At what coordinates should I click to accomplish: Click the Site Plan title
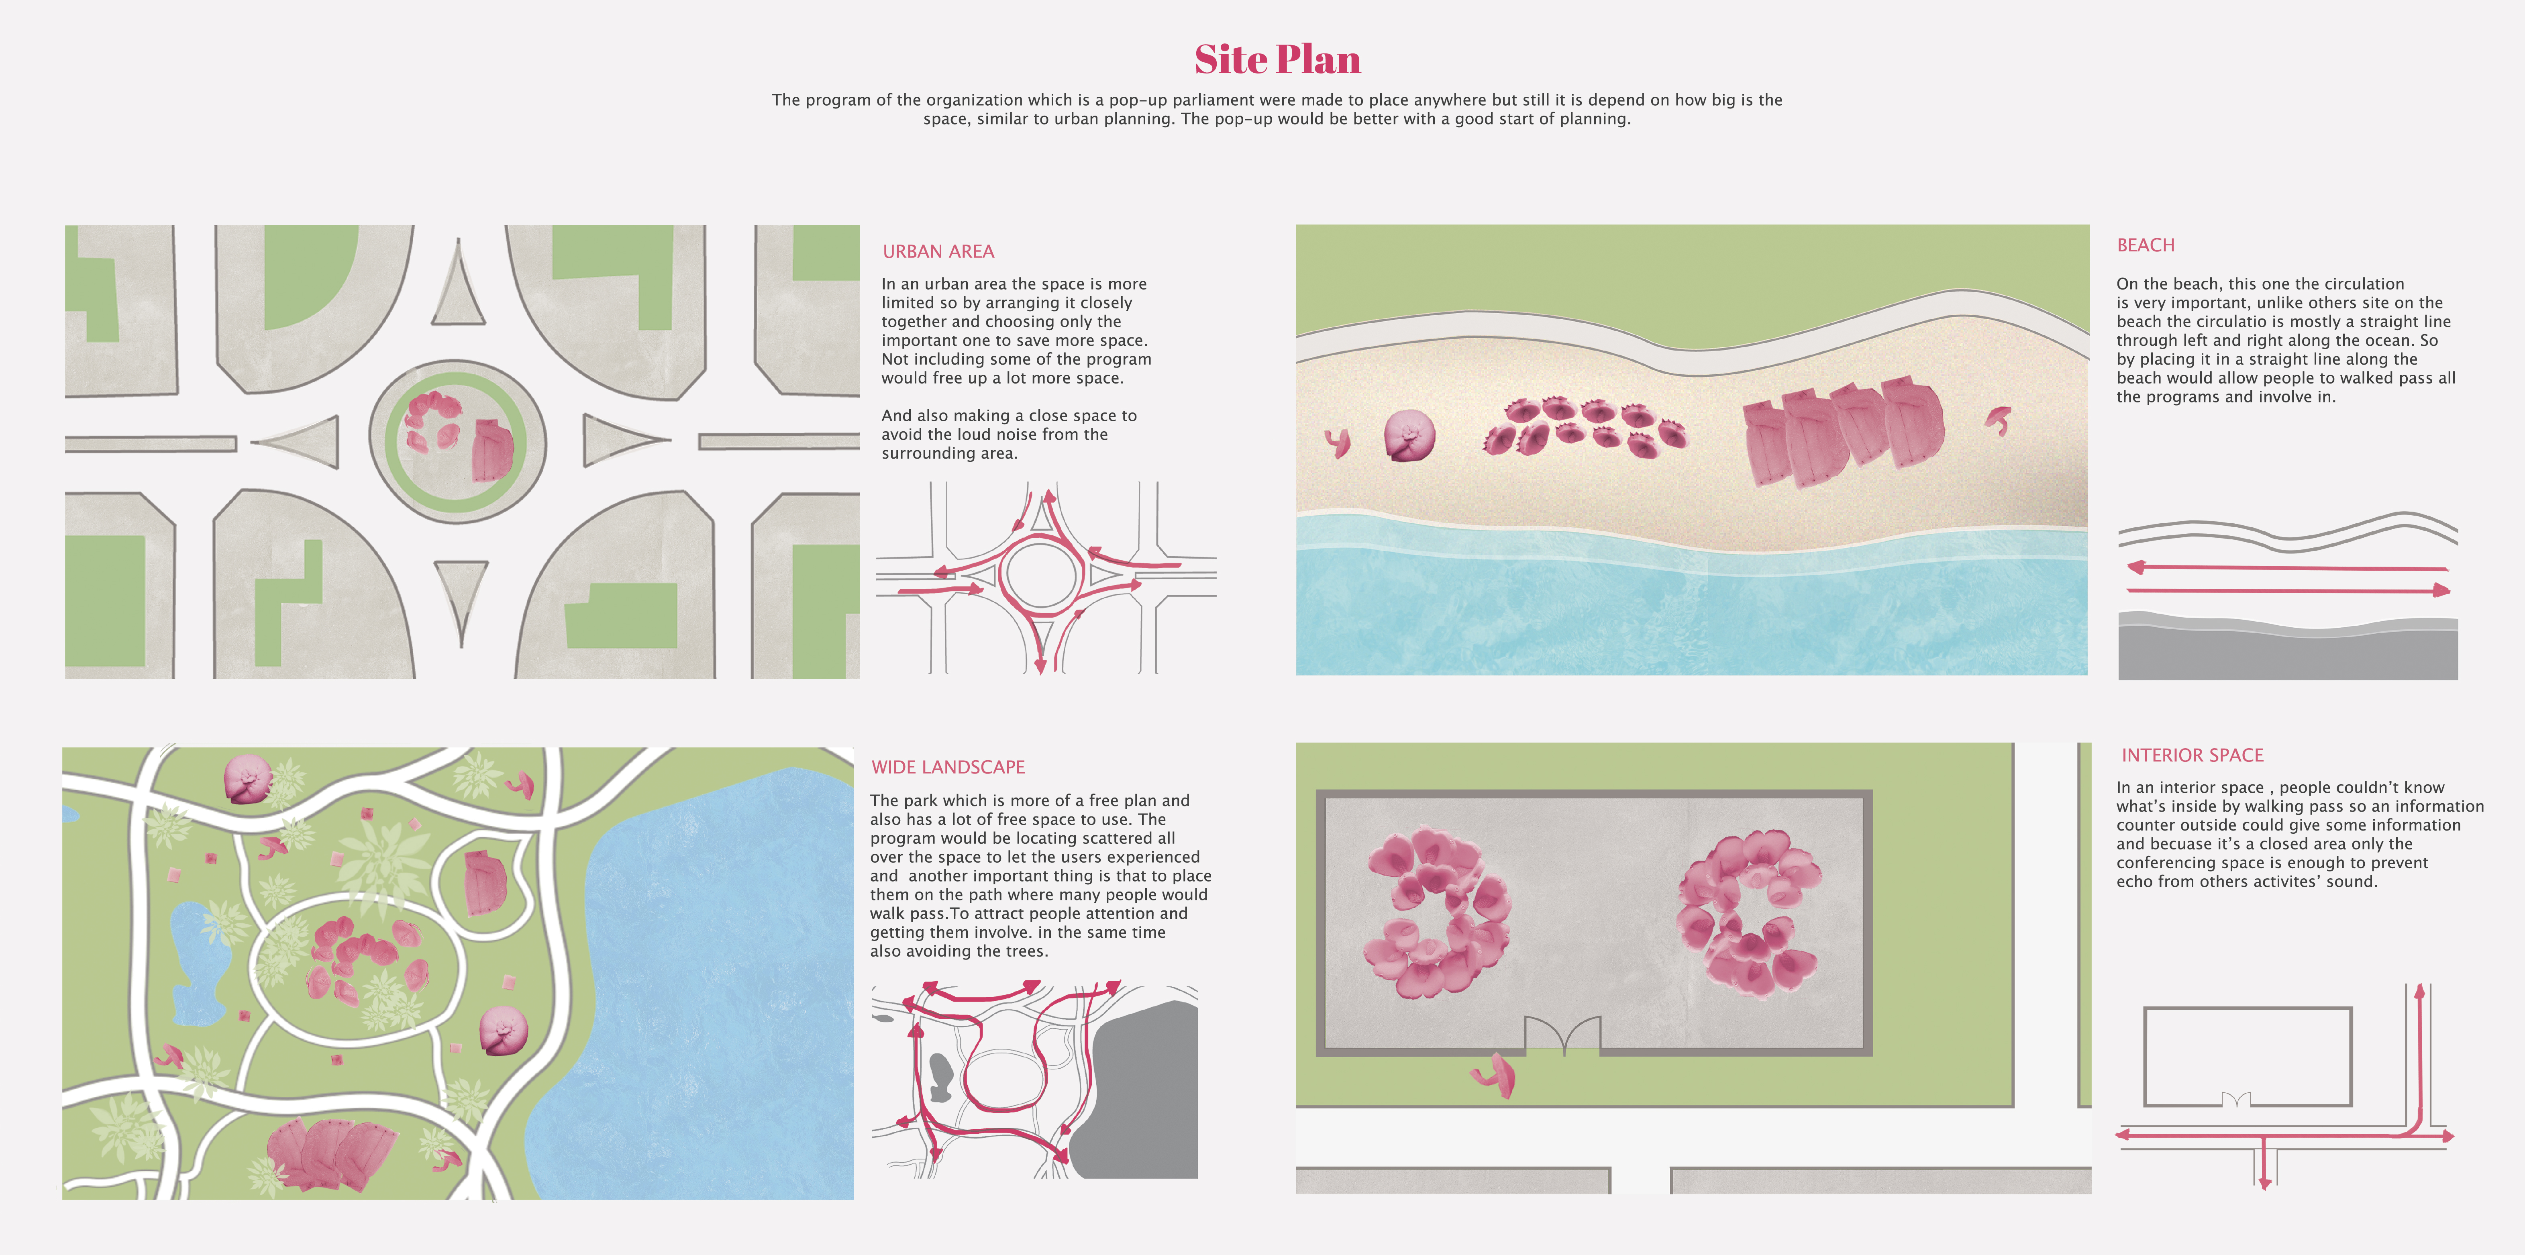coord(1277,60)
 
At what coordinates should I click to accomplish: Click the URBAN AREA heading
coord(938,252)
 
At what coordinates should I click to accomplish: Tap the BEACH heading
coord(2146,245)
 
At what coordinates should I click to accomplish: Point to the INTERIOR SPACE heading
coord(2193,755)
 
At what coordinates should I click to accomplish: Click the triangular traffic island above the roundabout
coord(458,286)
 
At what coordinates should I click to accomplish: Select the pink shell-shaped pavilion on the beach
coord(1409,435)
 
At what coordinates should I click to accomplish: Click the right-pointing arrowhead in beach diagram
coord(2441,590)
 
